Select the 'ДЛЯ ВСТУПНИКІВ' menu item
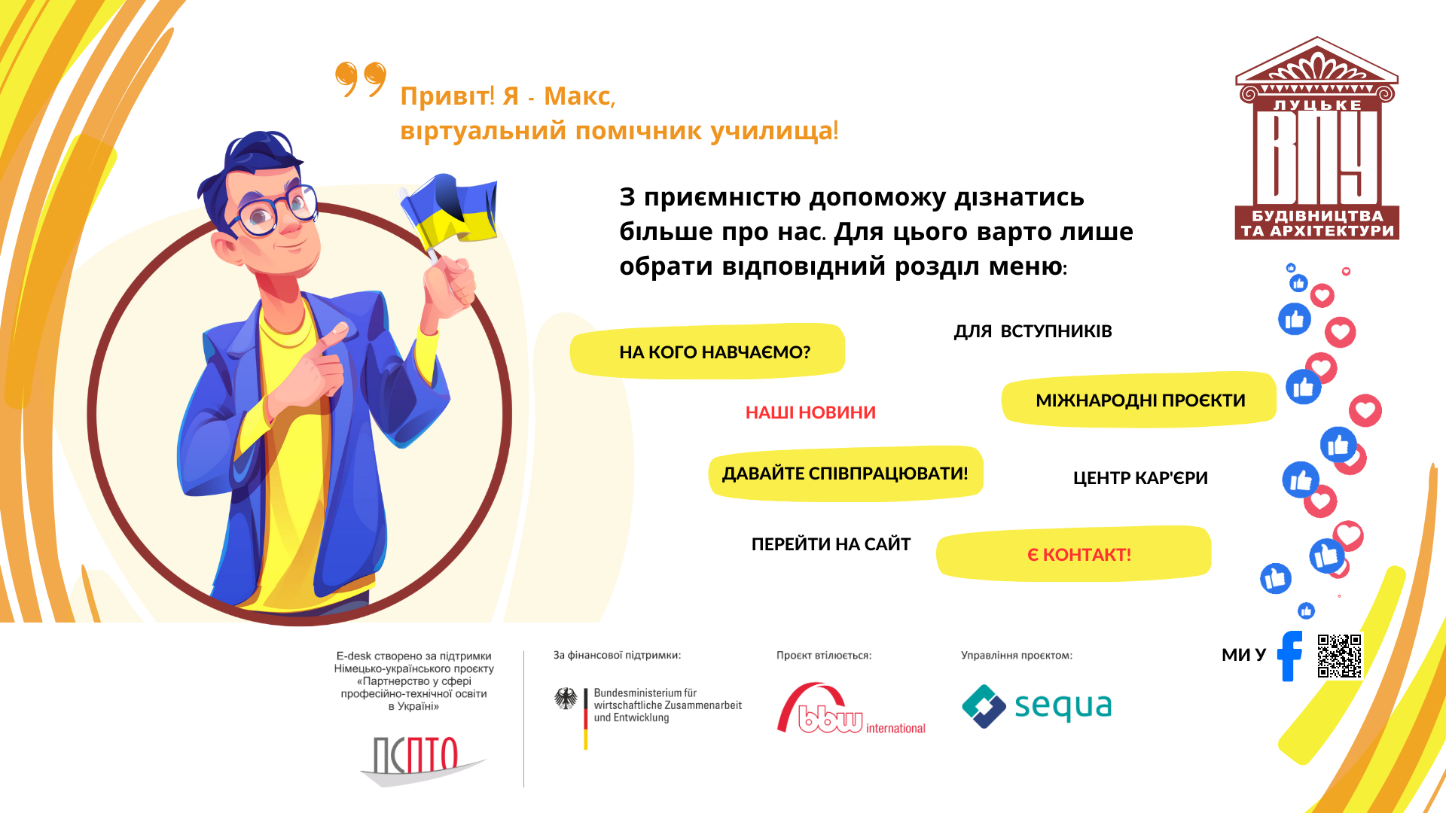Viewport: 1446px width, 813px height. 1033,331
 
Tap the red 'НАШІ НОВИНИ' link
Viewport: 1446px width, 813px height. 810,413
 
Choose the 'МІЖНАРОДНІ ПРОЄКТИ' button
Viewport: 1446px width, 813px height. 1139,400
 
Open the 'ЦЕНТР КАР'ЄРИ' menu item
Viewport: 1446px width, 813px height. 1140,478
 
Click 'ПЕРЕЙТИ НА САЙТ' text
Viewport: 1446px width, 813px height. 831,544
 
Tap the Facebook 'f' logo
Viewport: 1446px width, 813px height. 1290,656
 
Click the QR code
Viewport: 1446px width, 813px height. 1340,656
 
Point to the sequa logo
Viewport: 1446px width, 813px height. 1036,706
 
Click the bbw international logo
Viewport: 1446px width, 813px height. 851,708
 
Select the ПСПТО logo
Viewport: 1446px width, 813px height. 422,760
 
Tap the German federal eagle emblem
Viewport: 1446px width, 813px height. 566,699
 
